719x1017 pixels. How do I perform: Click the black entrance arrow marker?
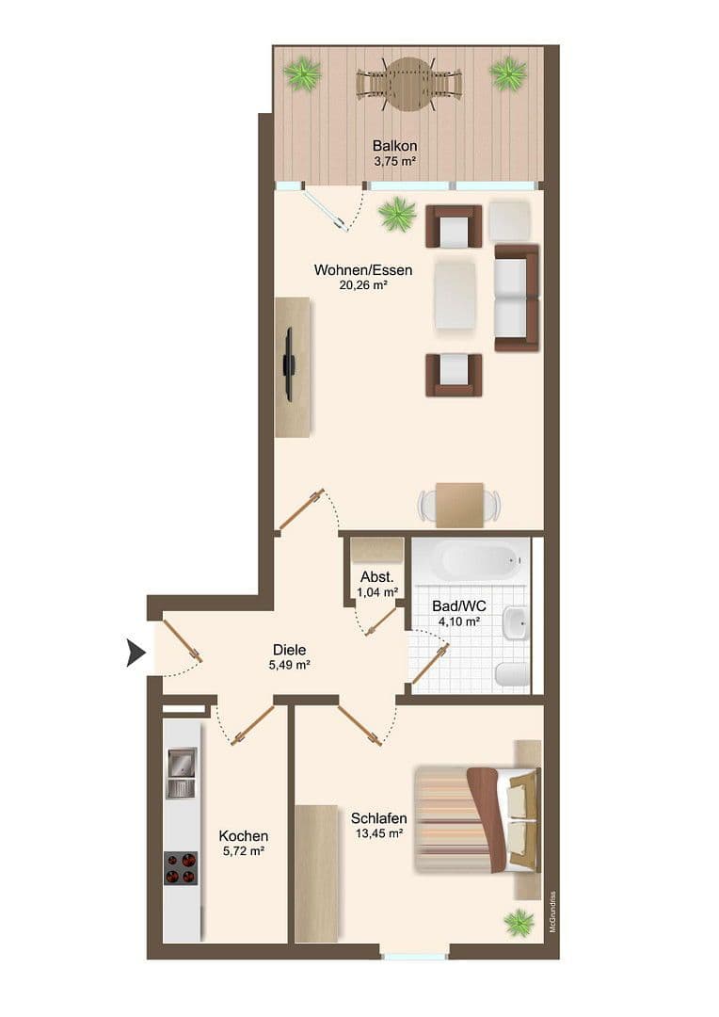[136, 654]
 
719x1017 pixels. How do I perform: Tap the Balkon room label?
[394, 146]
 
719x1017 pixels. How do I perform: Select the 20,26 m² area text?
[363, 284]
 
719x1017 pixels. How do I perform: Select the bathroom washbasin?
[516, 623]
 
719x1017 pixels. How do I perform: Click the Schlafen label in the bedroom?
[378, 818]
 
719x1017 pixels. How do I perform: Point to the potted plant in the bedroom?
[519, 922]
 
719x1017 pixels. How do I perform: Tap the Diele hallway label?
[289, 650]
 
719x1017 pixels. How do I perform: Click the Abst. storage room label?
[376, 577]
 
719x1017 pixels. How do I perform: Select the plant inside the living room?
[397, 215]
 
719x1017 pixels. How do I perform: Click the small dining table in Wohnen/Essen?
[459, 505]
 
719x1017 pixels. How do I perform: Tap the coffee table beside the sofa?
[455, 294]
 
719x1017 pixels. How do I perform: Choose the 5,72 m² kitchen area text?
[243, 851]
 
